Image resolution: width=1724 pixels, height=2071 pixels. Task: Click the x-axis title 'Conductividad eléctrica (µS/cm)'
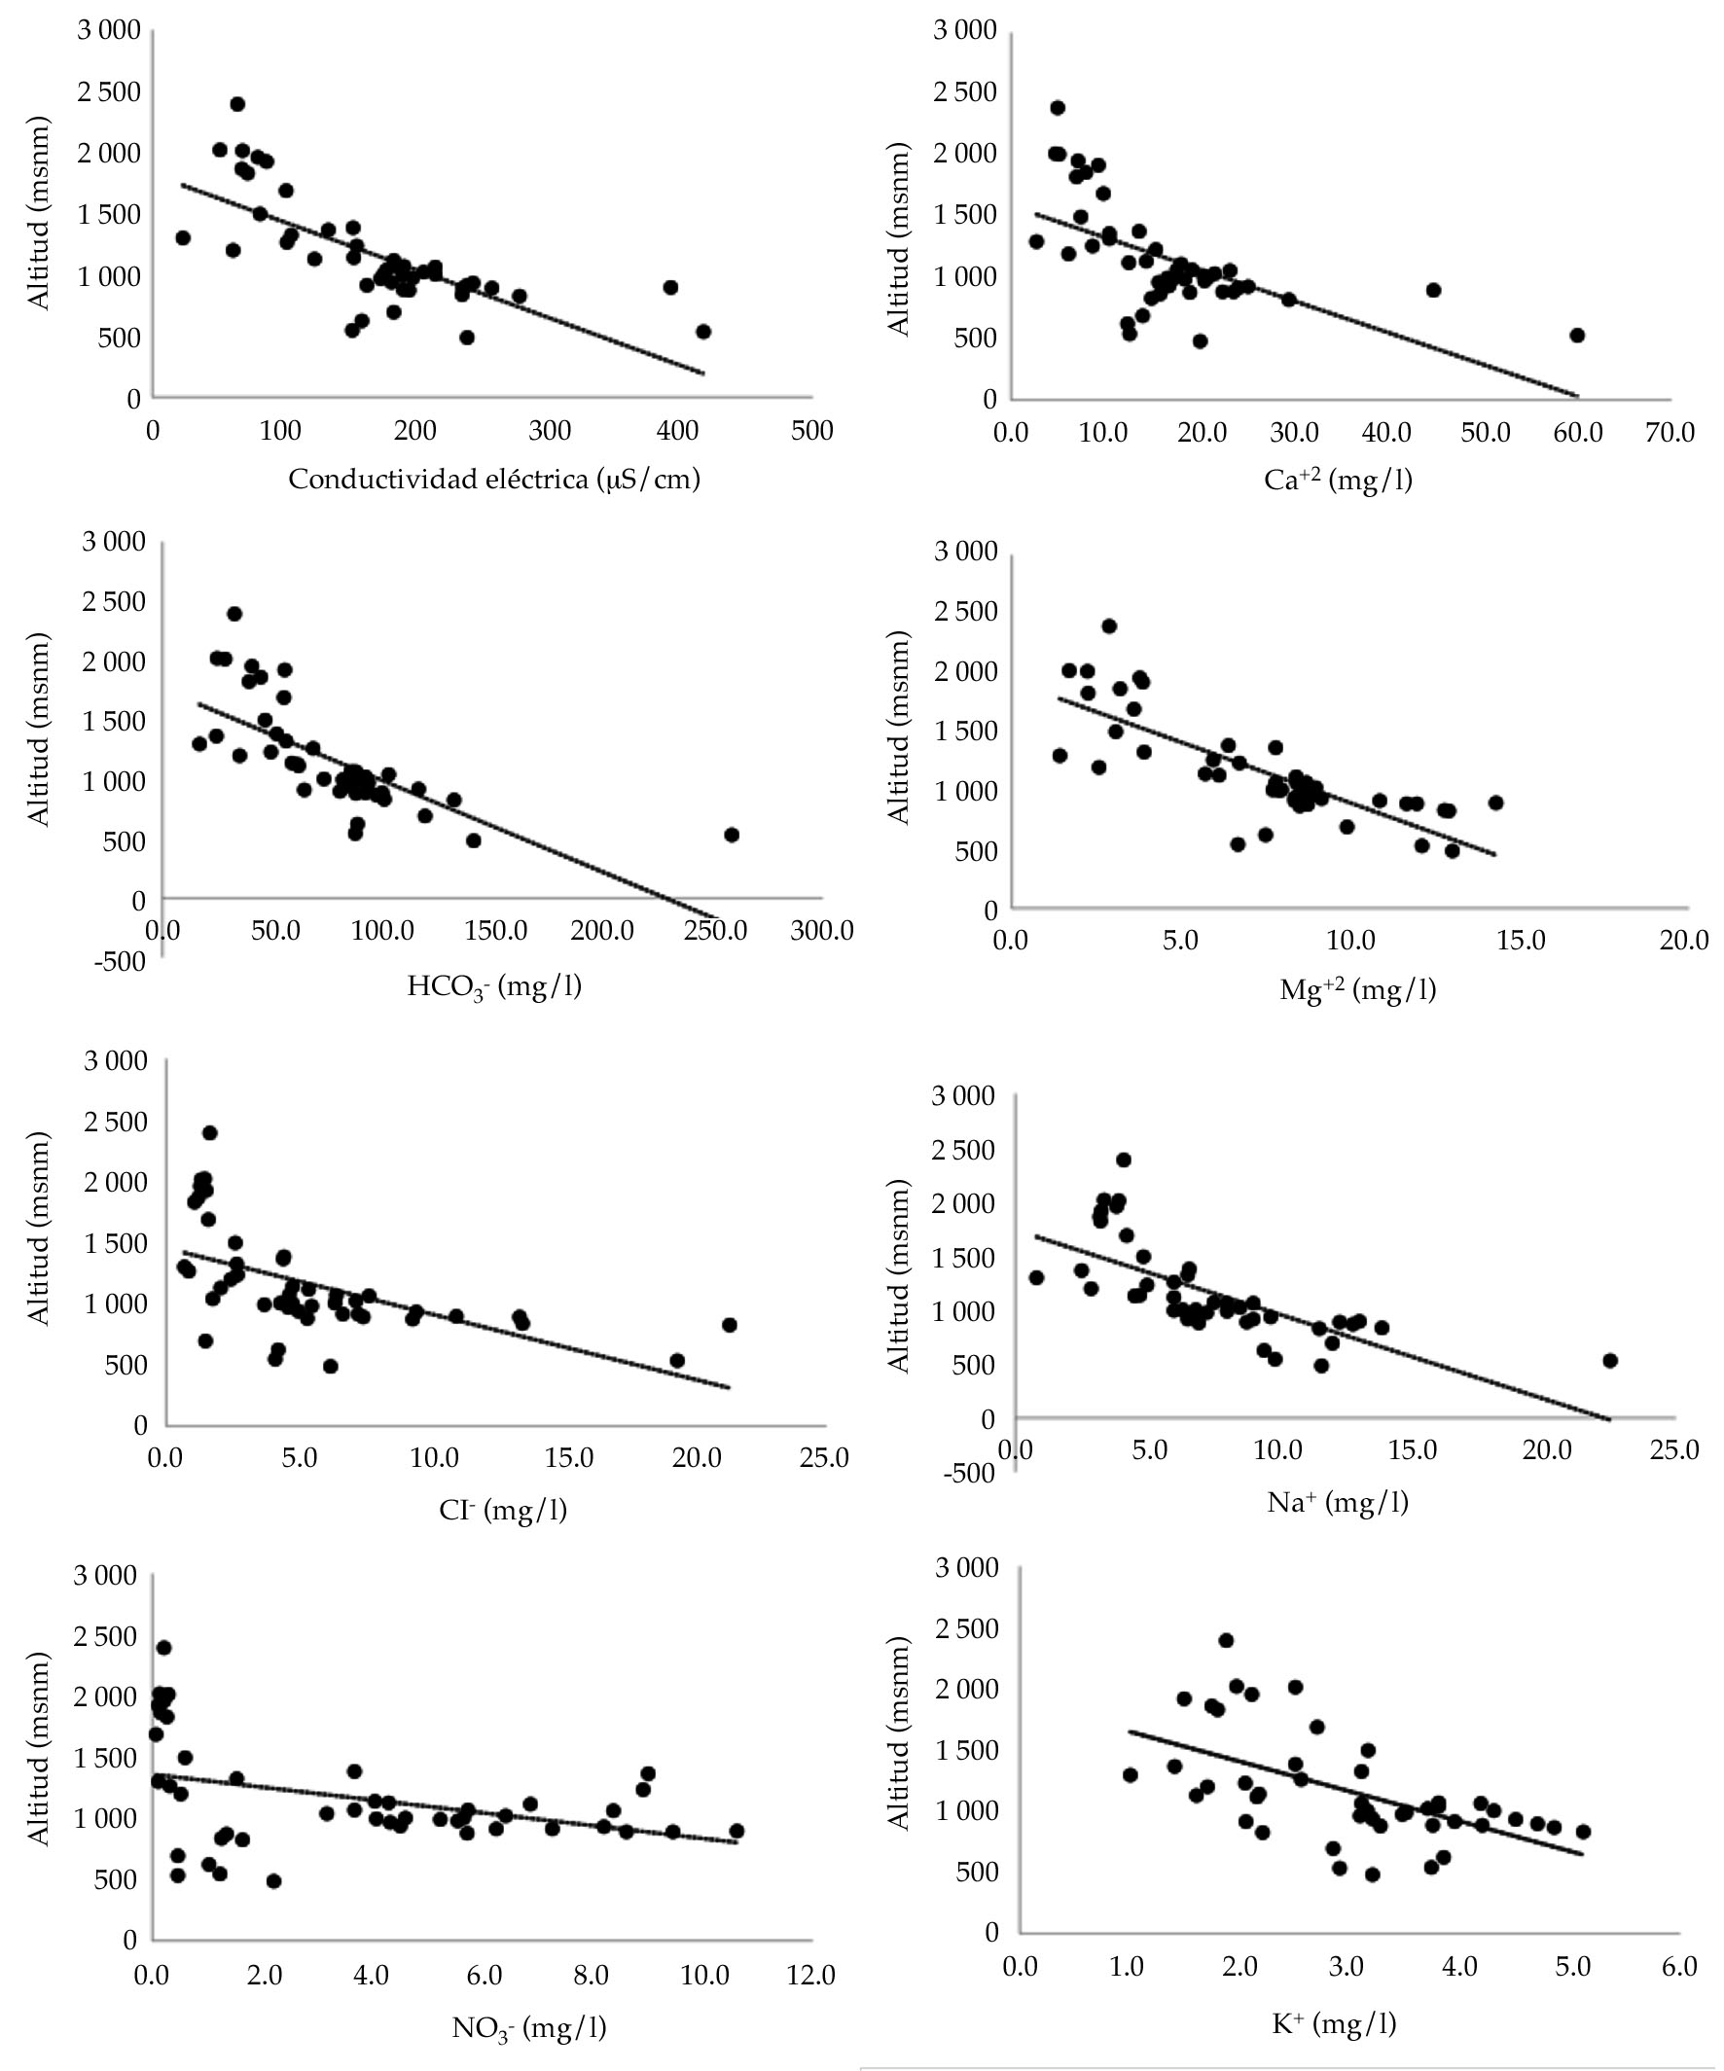tap(494, 481)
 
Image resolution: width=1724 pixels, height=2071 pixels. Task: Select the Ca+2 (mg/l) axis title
tap(1338, 481)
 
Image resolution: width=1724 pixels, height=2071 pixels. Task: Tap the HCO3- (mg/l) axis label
tap(494, 986)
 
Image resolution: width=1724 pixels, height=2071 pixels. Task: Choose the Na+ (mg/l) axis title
tap(1338, 1502)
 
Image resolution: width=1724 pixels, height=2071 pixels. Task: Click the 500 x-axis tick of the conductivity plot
tap(811, 431)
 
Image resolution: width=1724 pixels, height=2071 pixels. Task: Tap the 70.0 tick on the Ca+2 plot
tap(1670, 433)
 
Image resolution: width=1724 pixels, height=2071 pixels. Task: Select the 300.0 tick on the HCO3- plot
tap(821, 931)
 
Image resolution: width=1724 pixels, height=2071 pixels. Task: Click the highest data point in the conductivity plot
tap(236, 103)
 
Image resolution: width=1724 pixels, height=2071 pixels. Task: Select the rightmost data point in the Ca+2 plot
tap(1577, 336)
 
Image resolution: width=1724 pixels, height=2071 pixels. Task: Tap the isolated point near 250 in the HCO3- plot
tap(731, 835)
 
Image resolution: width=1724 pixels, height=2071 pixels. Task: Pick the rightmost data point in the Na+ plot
tap(1609, 1361)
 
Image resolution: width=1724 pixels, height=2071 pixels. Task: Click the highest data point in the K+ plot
tap(1226, 1640)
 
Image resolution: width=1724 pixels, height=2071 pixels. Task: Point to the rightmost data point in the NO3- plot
tap(736, 1831)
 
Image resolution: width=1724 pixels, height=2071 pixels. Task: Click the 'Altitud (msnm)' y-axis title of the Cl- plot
tap(39, 1243)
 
